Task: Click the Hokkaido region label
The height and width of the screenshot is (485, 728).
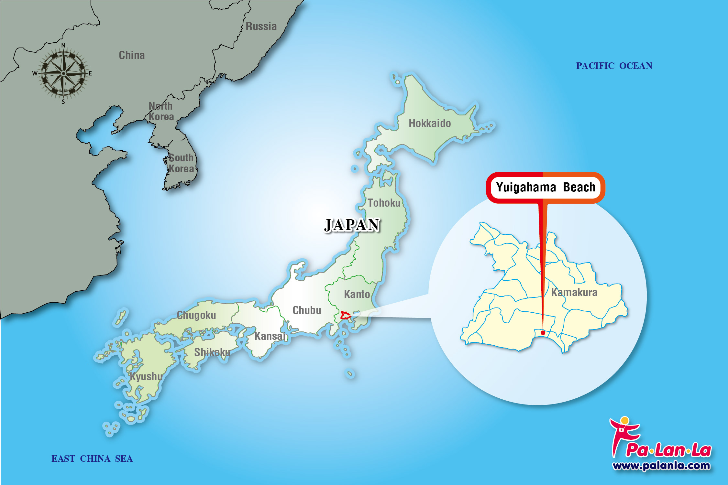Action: [430, 123]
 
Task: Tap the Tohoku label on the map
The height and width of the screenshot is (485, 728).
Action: [384, 203]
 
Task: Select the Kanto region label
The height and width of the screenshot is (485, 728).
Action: [357, 294]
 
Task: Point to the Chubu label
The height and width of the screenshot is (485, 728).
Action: [307, 310]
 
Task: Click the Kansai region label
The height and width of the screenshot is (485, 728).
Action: [270, 336]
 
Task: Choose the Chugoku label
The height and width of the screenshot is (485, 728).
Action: [196, 315]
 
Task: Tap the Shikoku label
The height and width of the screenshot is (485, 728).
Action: [212, 352]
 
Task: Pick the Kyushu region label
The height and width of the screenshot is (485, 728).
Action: [146, 376]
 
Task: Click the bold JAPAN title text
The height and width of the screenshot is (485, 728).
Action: [352, 225]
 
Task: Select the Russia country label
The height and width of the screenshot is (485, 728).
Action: [261, 26]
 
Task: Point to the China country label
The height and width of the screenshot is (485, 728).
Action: [132, 55]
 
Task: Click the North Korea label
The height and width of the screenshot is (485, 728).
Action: [161, 111]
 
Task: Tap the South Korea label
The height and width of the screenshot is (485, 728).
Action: [181, 163]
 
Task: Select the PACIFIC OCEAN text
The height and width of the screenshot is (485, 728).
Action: [614, 66]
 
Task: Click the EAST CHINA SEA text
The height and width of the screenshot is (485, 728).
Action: [92, 458]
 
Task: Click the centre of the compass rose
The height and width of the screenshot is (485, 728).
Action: [63, 73]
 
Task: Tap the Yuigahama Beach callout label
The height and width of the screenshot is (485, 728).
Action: [546, 187]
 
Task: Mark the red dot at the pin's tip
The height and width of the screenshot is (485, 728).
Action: [543, 333]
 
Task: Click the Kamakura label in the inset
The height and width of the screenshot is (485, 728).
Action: [574, 292]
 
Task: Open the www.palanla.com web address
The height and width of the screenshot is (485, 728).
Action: [661, 466]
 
